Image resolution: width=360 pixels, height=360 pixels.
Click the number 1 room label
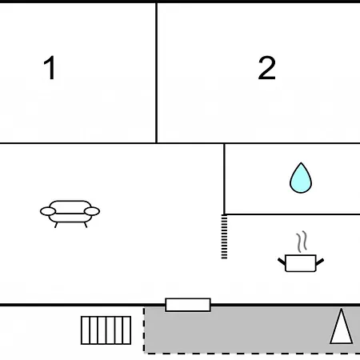click(x=50, y=68)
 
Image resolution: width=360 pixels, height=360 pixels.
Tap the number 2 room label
click(x=266, y=68)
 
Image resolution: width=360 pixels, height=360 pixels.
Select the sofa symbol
click(x=70, y=214)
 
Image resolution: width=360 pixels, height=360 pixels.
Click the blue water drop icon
click(x=301, y=178)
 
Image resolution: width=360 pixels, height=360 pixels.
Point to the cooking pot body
click(x=301, y=263)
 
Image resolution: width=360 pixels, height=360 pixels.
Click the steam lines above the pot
click(x=302, y=242)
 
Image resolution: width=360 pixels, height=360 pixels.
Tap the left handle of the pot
click(x=282, y=262)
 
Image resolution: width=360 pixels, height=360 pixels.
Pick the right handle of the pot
click(x=320, y=262)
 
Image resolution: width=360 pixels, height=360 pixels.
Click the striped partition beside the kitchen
click(x=224, y=237)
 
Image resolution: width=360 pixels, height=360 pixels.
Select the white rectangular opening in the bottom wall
click(x=188, y=305)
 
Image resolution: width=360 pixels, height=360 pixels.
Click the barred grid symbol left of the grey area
click(x=106, y=330)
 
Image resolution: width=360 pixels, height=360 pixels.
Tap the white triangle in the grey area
click(x=342, y=326)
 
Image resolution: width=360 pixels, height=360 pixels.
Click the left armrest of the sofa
click(x=48, y=211)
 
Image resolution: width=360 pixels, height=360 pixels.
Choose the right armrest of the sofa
click(x=92, y=211)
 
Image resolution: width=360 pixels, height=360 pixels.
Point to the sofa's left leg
click(x=56, y=225)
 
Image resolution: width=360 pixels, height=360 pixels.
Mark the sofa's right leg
click(x=86, y=225)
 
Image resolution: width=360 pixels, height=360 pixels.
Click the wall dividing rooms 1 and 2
click(x=156, y=73)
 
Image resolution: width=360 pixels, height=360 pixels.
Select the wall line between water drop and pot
click(x=293, y=214)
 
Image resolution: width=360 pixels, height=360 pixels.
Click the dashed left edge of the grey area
click(x=144, y=330)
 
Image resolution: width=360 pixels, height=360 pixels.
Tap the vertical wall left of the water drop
click(x=224, y=178)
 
